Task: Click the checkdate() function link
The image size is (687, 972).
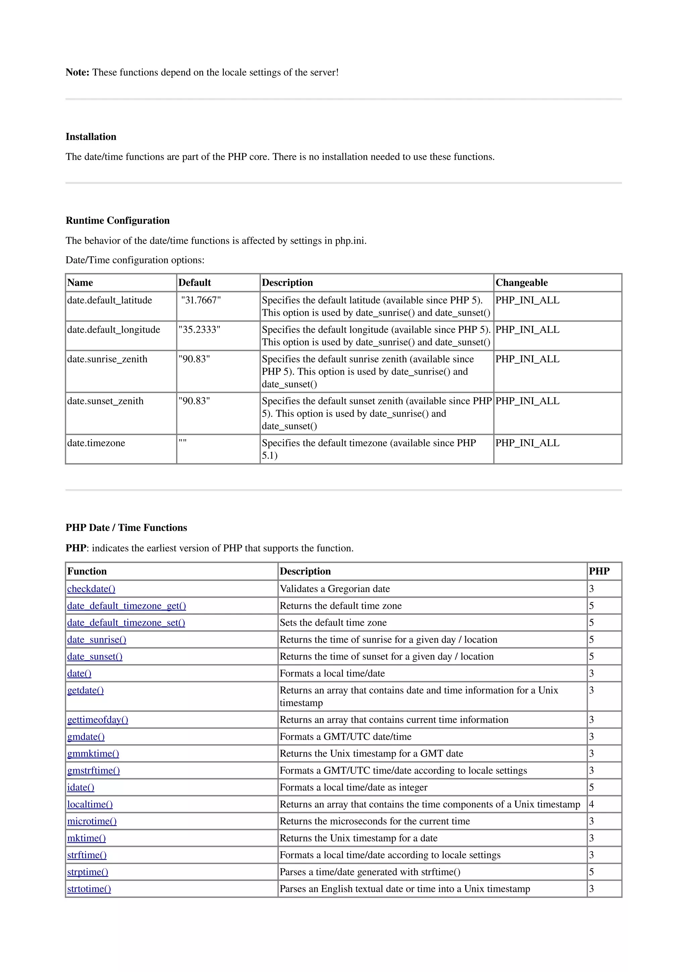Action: [x=91, y=589]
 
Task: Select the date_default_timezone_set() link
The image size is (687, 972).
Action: [x=126, y=623]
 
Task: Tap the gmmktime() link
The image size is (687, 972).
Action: [x=93, y=754]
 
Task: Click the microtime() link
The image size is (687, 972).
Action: [x=92, y=821]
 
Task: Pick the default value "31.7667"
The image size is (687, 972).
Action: [x=201, y=300]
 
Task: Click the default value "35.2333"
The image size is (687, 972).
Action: [x=199, y=330]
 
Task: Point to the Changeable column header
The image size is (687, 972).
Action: [x=522, y=283]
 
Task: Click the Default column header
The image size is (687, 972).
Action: [x=194, y=283]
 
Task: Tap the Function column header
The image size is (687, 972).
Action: [x=87, y=572]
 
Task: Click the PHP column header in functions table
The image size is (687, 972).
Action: [x=599, y=572]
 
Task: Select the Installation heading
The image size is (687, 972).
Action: [x=91, y=137]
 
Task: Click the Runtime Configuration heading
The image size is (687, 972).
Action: [x=117, y=221]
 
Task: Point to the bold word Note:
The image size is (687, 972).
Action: [x=77, y=72]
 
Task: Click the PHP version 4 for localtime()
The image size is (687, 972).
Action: [x=591, y=804]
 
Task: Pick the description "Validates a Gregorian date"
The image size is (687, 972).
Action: [x=334, y=589]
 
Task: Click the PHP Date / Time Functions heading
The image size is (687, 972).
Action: [x=126, y=528]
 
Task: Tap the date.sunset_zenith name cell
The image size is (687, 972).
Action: [x=105, y=401]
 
